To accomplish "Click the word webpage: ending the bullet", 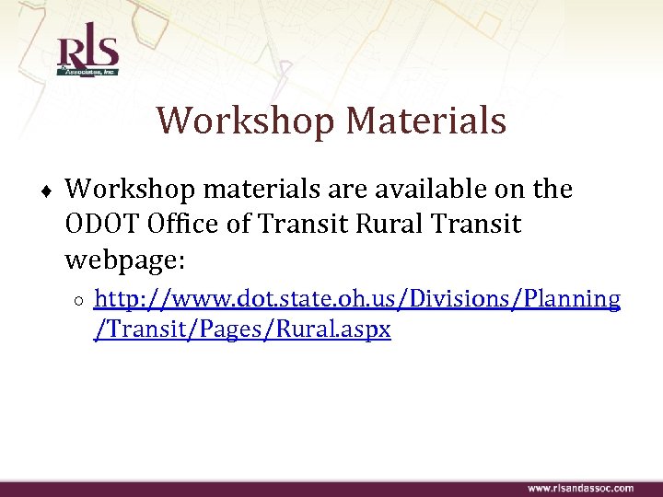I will click(x=126, y=260).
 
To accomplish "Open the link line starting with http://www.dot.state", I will click(x=357, y=299).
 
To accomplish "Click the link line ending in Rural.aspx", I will click(x=243, y=329).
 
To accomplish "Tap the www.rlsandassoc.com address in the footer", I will click(x=580, y=488).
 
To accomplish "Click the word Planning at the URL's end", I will click(x=576, y=299).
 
